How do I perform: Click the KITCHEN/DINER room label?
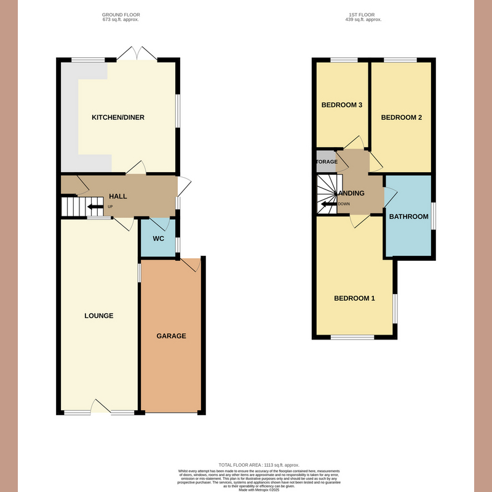pos(118,117)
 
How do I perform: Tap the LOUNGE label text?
pos(99,316)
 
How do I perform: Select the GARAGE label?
pos(171,336)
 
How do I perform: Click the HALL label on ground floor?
pos(117,197)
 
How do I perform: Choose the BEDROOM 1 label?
pos(354,299)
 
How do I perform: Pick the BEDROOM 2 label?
pos(401,117)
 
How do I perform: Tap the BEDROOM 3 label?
pos(341,105)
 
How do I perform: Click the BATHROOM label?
pos(408,216)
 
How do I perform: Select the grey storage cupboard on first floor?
pos(326,162)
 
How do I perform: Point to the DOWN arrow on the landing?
pos(329,204)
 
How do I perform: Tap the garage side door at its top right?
pos(191,263)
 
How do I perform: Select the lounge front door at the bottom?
pos(101,407)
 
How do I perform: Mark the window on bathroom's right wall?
pos(433,216)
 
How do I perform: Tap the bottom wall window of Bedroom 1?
pos(353,337)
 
